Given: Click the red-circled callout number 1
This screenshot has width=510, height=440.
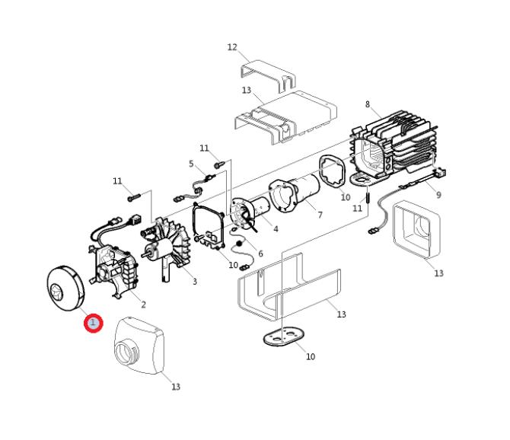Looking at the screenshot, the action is (x=94, y=323).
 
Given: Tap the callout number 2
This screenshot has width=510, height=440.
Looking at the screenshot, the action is (x=143, y=304).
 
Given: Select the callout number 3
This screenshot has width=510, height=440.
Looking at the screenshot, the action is (x=195, y=282).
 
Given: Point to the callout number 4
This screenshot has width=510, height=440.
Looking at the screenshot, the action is (x=276, y=229).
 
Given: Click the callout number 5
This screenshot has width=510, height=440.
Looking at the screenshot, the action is (x=191, y=164).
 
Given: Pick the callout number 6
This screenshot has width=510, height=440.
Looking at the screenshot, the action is (x=260, y=253).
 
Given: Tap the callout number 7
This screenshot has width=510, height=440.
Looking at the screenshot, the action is (x=320, y=215).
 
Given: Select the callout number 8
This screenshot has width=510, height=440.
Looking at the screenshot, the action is (x=368, y=104).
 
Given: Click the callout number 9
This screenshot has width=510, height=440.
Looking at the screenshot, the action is (x=438, y=195).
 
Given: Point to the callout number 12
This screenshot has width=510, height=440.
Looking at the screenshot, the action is (x=232, y=47).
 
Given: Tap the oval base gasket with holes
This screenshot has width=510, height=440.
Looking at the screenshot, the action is (x=284, y=336).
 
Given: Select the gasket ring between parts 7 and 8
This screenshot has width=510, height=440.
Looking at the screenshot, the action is (x=332, y=171).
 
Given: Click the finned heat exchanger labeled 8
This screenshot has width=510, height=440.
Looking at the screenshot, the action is (x=397, y=146).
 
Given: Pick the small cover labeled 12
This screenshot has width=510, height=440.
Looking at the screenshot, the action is (x=269, y=75).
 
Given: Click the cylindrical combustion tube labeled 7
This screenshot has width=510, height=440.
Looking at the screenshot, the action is (x=295, y=194).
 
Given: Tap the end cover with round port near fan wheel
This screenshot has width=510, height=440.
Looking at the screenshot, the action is (x=139, y=346).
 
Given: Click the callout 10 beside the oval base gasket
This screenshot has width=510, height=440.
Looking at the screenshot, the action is (x=311, y=356).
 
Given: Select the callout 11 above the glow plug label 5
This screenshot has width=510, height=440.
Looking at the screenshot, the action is (x=204, y=148).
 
